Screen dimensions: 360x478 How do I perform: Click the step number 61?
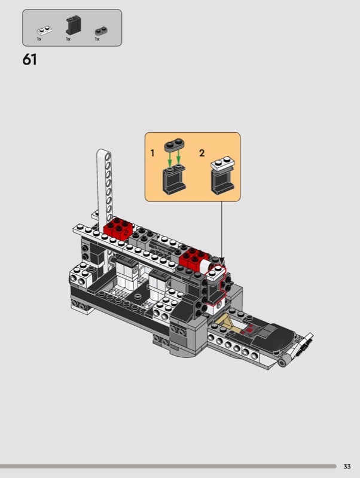(29, 59)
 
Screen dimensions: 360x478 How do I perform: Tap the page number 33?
(347, 467)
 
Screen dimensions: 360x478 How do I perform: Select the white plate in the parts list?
(44, 30)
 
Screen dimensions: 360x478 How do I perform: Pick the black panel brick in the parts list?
(74, 25)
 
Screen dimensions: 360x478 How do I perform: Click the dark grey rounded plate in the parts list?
(102, 31)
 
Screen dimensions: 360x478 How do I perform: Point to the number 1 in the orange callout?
(152, 153)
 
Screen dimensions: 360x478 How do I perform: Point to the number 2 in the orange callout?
(202, 153)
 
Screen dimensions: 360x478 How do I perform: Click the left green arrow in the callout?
(170, 157)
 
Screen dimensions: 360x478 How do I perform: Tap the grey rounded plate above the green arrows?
(174, 145)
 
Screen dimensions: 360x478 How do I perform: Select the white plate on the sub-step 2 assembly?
(222, 163)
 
